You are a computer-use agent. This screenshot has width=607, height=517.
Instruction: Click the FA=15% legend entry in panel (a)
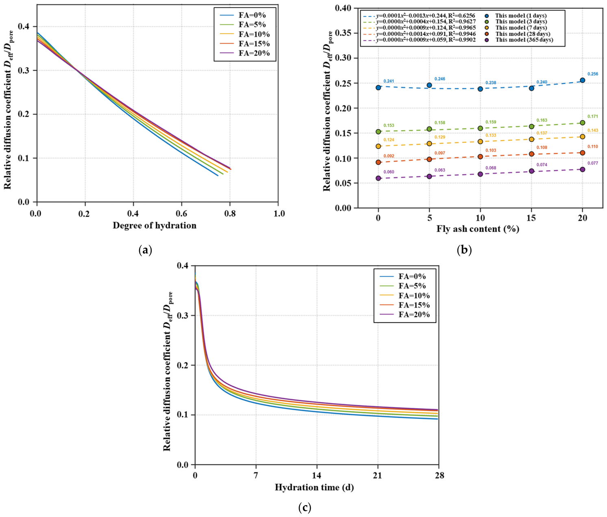click(x=245, y=43)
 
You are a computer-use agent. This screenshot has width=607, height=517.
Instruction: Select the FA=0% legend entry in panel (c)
click(x=402, y=276)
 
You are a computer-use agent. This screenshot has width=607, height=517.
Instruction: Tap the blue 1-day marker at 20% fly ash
click(x=582, y=80)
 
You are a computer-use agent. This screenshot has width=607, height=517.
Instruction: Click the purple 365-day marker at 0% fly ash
click(x=378, y=178)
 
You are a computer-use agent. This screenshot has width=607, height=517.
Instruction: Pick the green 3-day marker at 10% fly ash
click(x=480, y=128)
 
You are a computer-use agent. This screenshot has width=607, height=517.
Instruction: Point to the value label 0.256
click(x=593, y=74)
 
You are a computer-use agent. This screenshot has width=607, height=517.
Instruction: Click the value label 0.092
click(x=389, y=156)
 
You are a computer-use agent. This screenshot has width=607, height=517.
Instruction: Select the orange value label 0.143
click(x=593, y=130)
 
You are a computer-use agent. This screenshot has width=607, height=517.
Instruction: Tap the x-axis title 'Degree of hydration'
click(x=154, y=225)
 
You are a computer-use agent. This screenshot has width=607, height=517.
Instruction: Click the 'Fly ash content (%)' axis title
click(x=478, y=229)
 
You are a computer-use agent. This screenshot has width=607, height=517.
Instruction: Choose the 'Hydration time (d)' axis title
click(x=314, y=487)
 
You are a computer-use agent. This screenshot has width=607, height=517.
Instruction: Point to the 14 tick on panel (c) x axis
click(x=317, y=475)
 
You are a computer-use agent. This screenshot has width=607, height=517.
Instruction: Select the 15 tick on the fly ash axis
click(x=531, y=218)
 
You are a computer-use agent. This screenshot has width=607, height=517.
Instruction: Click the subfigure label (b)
click(x=464, y=250)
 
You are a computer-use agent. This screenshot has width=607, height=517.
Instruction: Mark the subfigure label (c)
click(x=304, y=507)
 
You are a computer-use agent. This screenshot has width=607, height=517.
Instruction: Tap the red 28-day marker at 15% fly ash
click(x=531, y=154)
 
